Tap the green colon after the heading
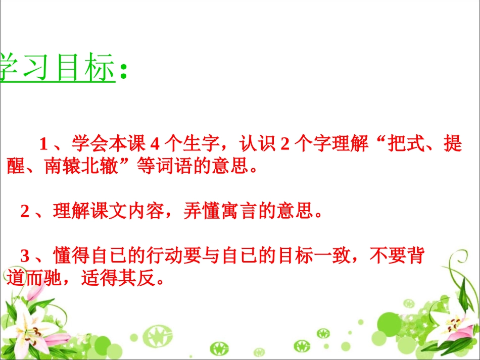click(x=123, y=72)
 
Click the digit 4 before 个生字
click(x=156, y=145)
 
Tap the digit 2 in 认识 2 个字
click(x=284, y=145)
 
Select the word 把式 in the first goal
click(x=405, y=145)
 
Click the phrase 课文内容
click(x=127, y=212)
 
